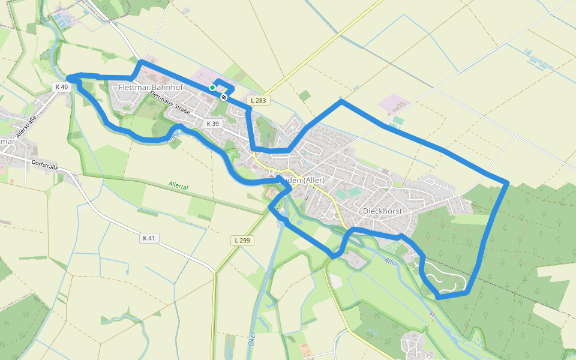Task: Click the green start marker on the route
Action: [x=212, y=88]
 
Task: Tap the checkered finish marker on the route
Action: [x=224, y=97]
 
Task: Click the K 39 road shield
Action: [x=212, y=124]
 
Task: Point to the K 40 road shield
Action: [x=62, y=87]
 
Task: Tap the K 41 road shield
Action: [x=149, y=238]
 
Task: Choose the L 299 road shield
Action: [x=241, y=240]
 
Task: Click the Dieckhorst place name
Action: [x=382, y=211]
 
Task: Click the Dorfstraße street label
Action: [x=45, y=164]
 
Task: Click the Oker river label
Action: [x=252, y=339]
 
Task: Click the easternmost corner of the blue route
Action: [x=508, y=182]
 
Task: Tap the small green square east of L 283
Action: [x=305, y=95]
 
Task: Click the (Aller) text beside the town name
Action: [x=313, y=181]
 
